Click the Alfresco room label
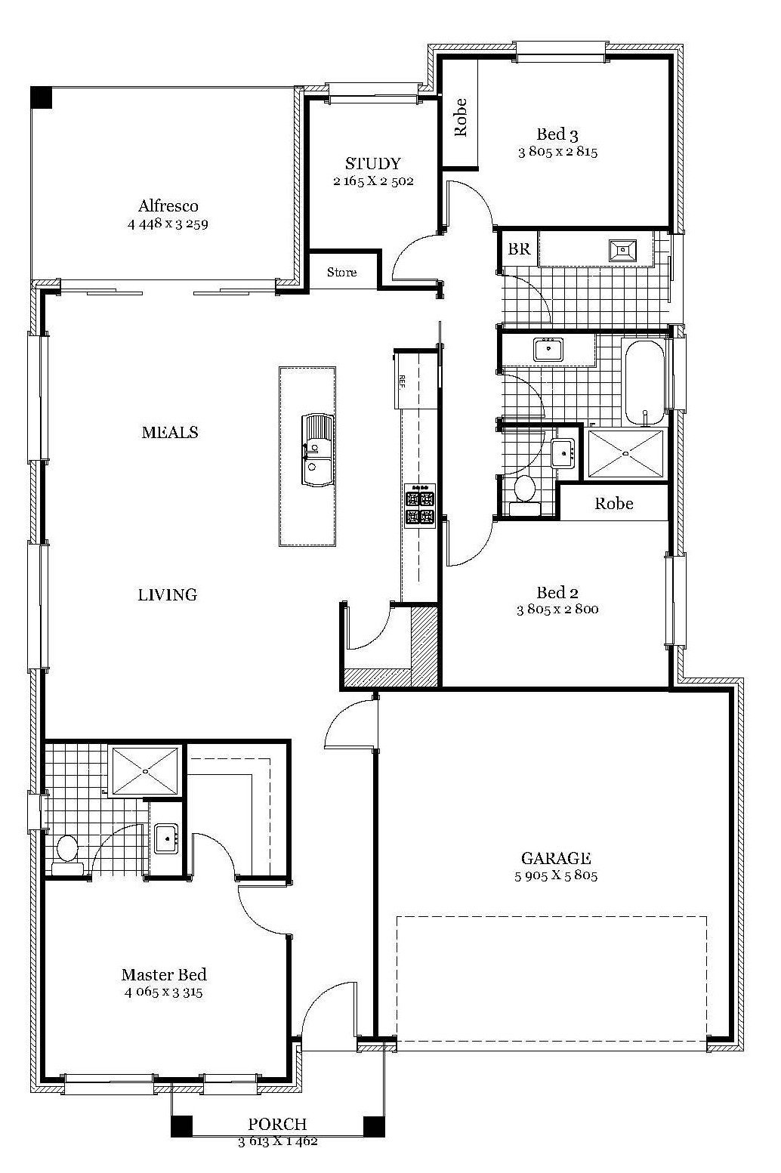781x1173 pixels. [168, 205]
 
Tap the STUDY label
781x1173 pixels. [373, 164]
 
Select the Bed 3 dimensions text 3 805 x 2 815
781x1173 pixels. [558, 153]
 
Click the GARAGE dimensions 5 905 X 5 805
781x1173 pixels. [556, 875]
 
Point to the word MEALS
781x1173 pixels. [170, 433]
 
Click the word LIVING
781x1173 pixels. [168, 595]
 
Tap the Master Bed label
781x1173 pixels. [164, 974]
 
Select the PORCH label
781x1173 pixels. [277, 1125]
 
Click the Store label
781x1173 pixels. [341, 273]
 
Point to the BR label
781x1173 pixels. [519, 249]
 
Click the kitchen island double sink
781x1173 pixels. [317, 450]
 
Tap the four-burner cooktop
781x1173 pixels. [420, 505]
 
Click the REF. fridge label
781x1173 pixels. [403, 381]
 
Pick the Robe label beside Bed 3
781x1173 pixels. [461, 118]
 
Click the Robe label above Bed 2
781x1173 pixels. [614, 504]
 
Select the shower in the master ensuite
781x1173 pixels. [145, 771]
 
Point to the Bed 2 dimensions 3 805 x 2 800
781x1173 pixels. [557, 609]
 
